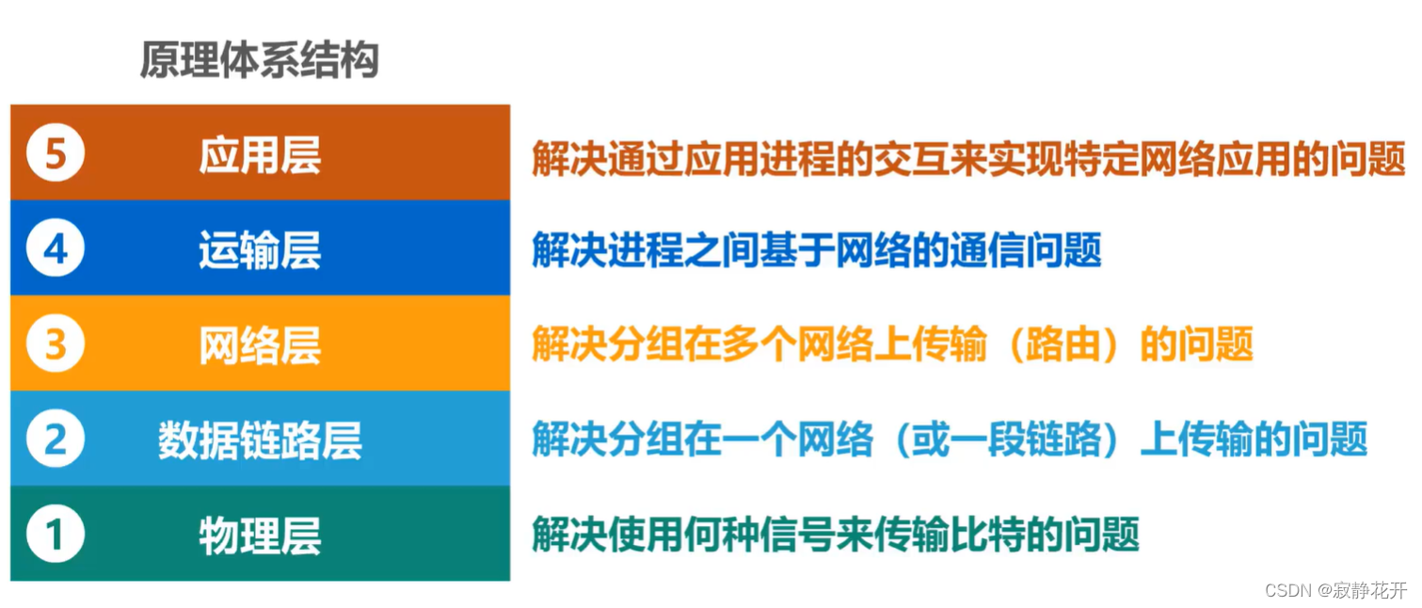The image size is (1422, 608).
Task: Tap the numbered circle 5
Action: [x=56, y=153]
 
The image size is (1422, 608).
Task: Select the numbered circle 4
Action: [x=56, y=249]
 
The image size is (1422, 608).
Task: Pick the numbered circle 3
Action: [x=56, y=344]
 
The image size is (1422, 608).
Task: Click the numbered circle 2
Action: [x=56, y=440]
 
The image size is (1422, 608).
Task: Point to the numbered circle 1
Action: [x=56, y=535]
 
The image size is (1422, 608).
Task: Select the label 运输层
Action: [x=260, y=250]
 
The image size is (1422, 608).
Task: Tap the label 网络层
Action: [x=260, y=345]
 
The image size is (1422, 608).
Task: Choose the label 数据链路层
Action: [x=260, y=440]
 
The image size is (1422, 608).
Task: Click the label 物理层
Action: [x=260, y=536]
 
